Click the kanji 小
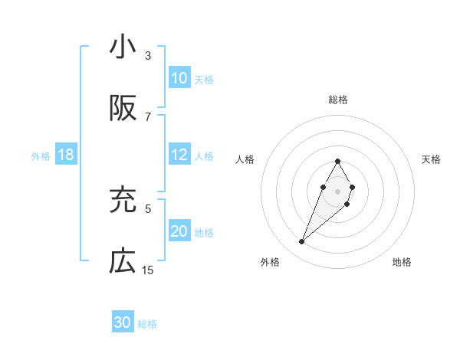click(123, 47)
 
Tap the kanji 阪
click(123, 109)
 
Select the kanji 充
click(123, 201)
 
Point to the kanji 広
click(123, 262)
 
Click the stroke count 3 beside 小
click(148, 56)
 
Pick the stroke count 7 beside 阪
click(148, 116)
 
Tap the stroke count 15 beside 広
click(148, 270)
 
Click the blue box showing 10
click(179, 78)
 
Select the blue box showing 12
click(179, 155)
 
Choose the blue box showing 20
click(179, 231)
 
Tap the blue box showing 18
click(66, 155)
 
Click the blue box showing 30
click(123, 322)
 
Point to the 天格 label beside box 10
click(204, 79)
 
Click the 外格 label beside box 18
click(41, 155)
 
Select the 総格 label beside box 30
click(147, 323)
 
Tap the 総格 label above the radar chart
click(338, 100)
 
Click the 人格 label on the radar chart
click(245, 159)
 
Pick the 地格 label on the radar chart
click(402, 262)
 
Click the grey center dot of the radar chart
click(337, 190)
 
